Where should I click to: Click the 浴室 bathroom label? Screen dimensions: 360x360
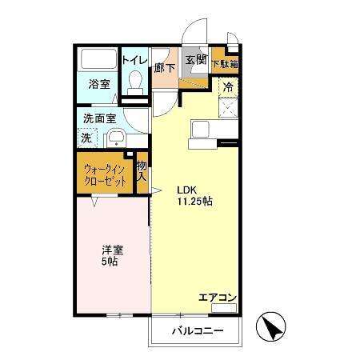pos(99,84)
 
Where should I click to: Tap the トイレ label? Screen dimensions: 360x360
pos(134,58)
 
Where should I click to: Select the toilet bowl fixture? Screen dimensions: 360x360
pos(135,82)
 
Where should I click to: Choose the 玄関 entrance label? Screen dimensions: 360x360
pos(195,59)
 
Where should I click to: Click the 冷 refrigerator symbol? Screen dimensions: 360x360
pos(228,86)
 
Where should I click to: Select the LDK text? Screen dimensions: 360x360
pos(186,190)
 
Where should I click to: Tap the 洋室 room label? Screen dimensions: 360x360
pos(111,250)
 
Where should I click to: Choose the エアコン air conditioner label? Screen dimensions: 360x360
pos(218,298)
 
